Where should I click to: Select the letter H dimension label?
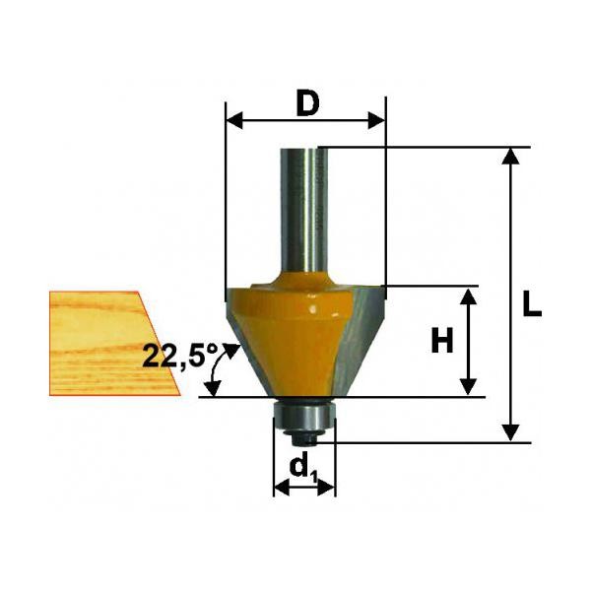pyautogui.click(x=441, y=340)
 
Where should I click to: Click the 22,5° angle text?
pyautogui.click(x=180, y=355)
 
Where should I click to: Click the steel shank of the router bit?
pyautogui.click(x=303, y=210)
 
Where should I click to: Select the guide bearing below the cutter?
pyautogui.click(x=303, y=416)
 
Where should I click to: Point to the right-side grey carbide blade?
pyautogui.click(x=360, y=339)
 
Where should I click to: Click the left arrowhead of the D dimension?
pyautogui.click(x=234, y=121)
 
